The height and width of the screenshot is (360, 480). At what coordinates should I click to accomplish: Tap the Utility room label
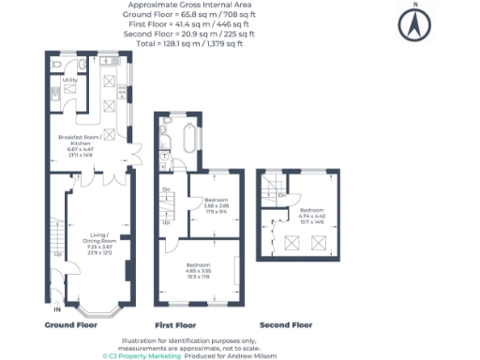tap(68, 81)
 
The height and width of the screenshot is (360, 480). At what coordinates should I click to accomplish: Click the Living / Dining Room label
tap(100, 240)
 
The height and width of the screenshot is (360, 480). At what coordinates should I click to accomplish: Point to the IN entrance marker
tap(57, 308)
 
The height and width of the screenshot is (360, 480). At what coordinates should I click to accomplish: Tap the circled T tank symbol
tap(165, 155)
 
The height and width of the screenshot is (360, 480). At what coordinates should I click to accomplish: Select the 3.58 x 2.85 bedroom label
tap(217, 204)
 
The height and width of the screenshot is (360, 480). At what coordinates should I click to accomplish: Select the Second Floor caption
tap(286, 324)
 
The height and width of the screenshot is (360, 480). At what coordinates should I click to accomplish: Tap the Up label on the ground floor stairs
tap(56, 253)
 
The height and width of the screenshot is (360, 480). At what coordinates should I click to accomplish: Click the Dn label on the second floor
tap(281, 195)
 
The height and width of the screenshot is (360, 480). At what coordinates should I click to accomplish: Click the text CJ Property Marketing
tap(142, 355)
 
